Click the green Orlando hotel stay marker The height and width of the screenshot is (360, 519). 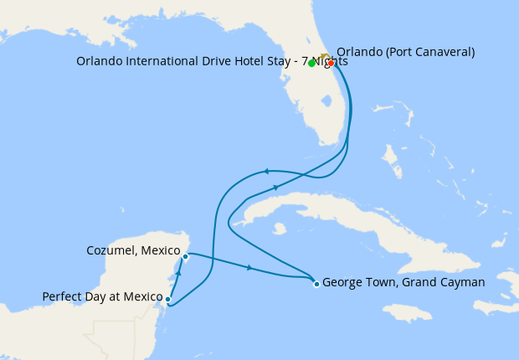311,64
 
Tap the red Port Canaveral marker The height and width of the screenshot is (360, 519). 331,64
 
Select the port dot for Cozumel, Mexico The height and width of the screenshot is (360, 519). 185,257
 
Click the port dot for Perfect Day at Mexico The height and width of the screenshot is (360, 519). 168,299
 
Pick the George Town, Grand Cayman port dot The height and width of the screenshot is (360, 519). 316,284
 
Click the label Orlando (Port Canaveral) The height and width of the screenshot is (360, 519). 405,52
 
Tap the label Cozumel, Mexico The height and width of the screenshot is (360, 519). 133,250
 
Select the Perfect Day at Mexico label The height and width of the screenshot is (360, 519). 102,296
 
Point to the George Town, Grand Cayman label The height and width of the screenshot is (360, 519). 403,282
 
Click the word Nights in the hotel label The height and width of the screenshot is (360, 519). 330,61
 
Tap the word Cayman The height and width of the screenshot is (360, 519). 463,282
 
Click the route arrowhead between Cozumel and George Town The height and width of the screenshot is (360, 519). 249,268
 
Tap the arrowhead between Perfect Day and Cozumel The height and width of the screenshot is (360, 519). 178,274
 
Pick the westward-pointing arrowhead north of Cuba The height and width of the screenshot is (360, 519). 266,171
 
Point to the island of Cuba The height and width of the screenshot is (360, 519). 335,218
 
